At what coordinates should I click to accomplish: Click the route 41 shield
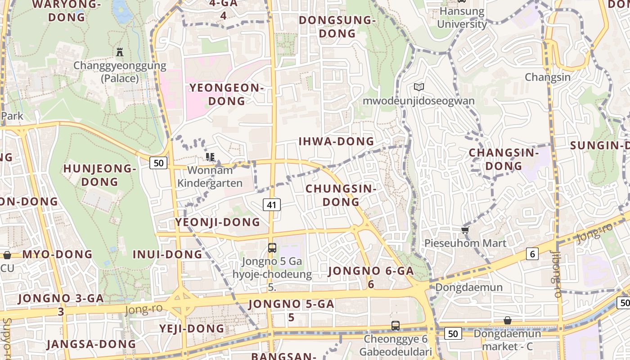271,205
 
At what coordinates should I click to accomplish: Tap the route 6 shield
532,254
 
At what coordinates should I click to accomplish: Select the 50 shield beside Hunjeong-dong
158,163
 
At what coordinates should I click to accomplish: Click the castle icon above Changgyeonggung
120,52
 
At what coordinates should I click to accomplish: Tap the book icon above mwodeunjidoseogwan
419,87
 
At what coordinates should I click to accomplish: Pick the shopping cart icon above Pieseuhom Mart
465,230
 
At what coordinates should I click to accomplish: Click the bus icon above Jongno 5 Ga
272,247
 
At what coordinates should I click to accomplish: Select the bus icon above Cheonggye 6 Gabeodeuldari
396,325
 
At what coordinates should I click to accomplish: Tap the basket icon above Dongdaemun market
508,320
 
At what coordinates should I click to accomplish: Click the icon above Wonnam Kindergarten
210,157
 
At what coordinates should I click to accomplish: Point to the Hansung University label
462,18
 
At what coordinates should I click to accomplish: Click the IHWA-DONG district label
336,141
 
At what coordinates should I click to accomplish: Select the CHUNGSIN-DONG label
341,195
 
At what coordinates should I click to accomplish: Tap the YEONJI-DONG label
217,222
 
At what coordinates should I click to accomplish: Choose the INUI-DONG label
167,254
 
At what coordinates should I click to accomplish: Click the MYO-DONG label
57,254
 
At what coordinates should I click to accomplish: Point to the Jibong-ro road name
557,274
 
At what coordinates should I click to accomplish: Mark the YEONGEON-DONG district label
226,94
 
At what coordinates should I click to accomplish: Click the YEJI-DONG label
192,328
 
